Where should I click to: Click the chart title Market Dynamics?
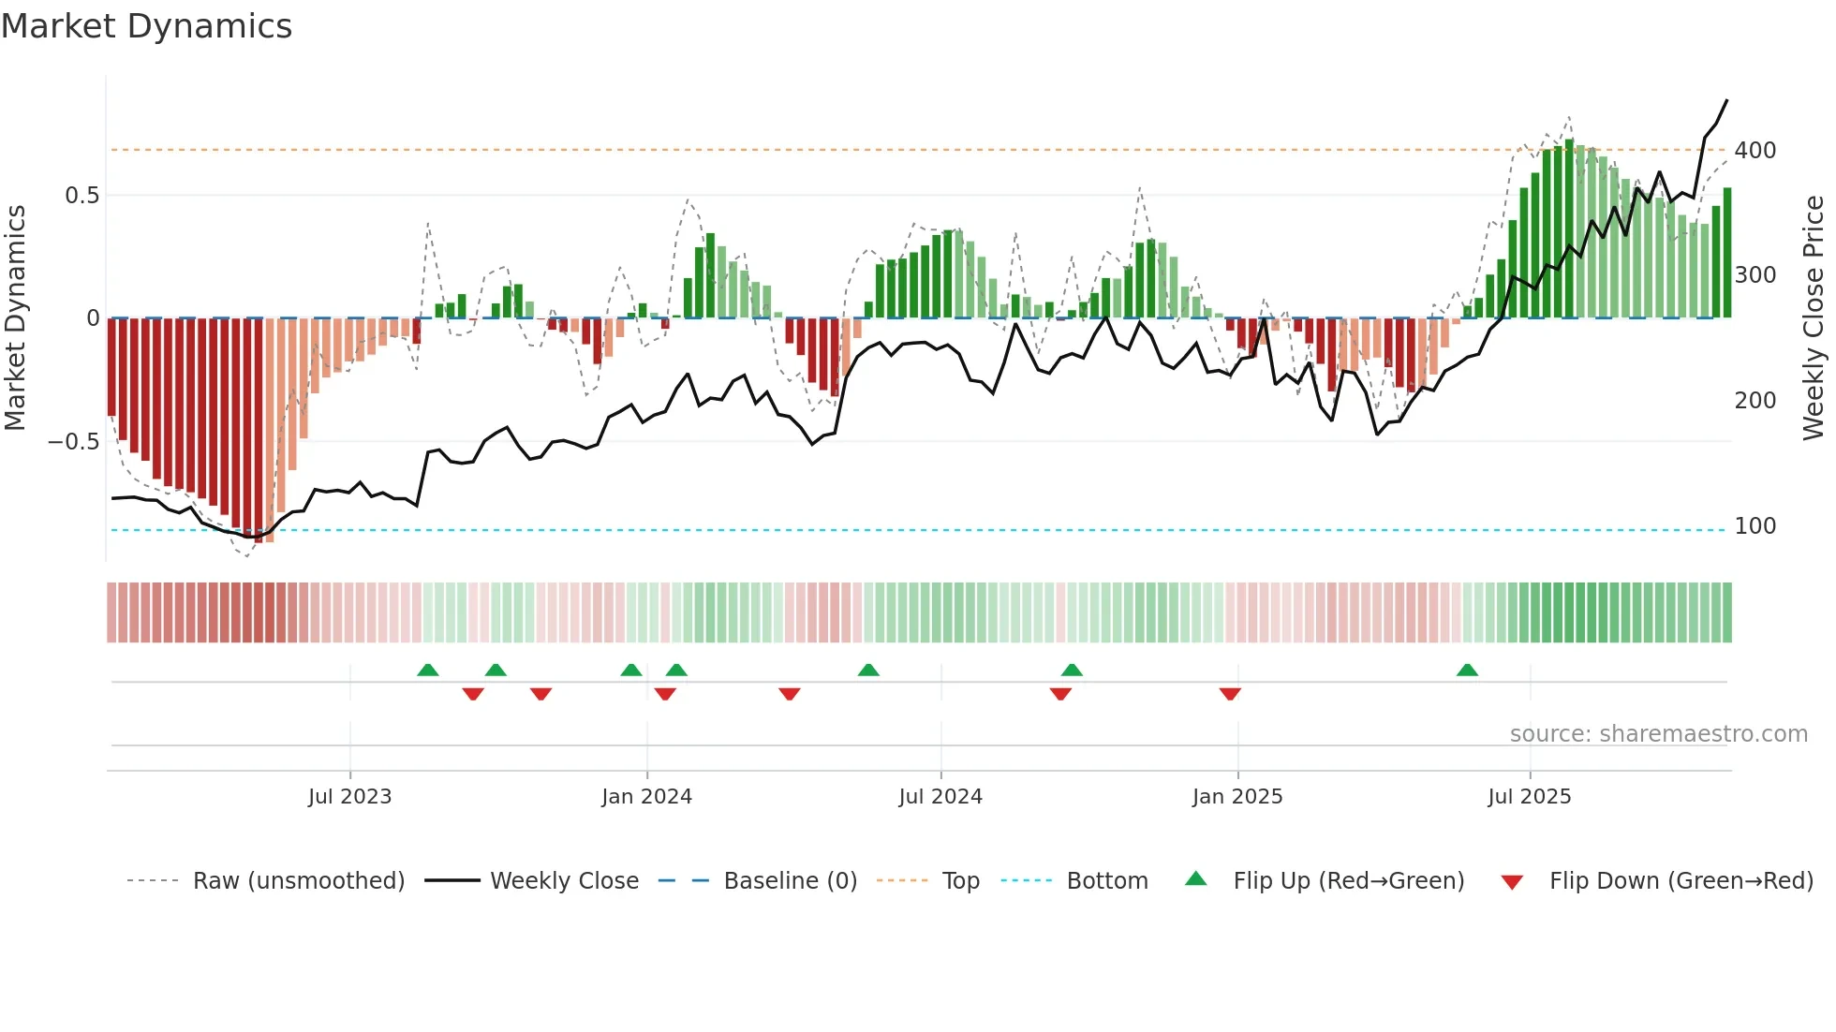coord(147,26)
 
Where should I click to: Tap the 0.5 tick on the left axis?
coord(81,196)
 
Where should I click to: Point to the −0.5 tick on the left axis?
coord(74,442)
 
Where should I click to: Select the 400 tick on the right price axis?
coord(1755,151)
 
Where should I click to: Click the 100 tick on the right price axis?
coord(1755,526)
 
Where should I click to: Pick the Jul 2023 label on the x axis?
coord(349,797)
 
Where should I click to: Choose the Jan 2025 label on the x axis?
coord(1236,797)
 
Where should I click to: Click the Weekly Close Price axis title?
coord(1814,318)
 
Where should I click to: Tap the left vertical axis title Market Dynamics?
coord(16,318)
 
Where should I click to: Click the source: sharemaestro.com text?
coord(1658,734)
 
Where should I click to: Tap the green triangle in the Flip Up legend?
coord(1196,879)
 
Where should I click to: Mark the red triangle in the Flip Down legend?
coord(1512,882)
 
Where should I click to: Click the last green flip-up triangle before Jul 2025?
coord(1467,671)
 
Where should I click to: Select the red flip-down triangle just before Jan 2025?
coord(1230,693)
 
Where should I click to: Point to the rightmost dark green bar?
coord(1727,253)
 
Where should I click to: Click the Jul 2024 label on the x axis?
coord(940,797)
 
